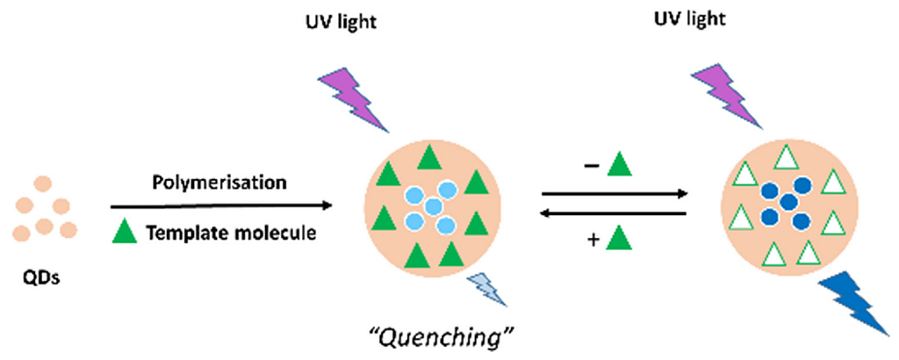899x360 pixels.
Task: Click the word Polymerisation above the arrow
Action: pos(219,184)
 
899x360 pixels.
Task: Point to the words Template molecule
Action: pos(231,233)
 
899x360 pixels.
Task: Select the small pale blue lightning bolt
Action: pos(486,288)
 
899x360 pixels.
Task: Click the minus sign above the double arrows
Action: pos(593,166)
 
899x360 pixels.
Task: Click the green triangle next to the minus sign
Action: pos(619,164)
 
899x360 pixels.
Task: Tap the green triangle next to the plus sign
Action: pos(619,239)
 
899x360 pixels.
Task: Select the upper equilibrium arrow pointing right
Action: pos(615,194)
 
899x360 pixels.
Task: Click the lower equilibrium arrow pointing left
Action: pos(614,214)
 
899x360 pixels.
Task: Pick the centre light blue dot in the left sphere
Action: pos(433,206)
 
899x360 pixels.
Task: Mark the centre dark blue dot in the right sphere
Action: pos(789,201)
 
